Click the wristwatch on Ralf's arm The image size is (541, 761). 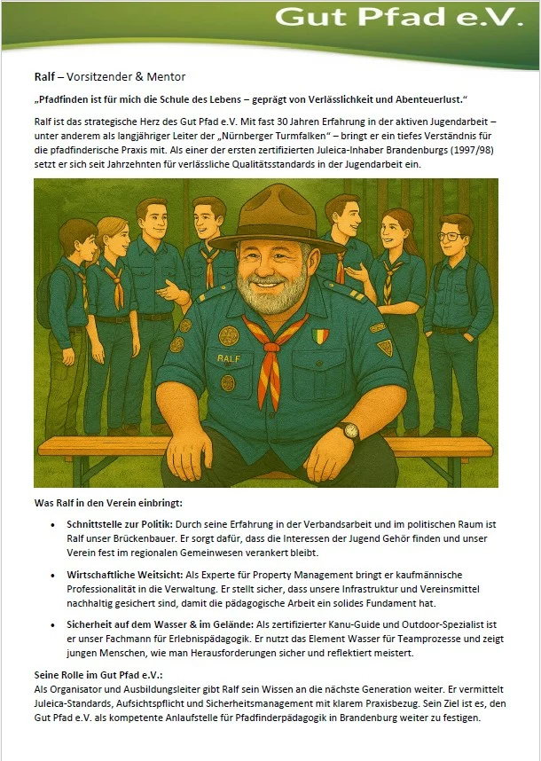pos(351,430)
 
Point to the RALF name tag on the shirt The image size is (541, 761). pos(229,357)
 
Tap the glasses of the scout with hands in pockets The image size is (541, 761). pos(451,237)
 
